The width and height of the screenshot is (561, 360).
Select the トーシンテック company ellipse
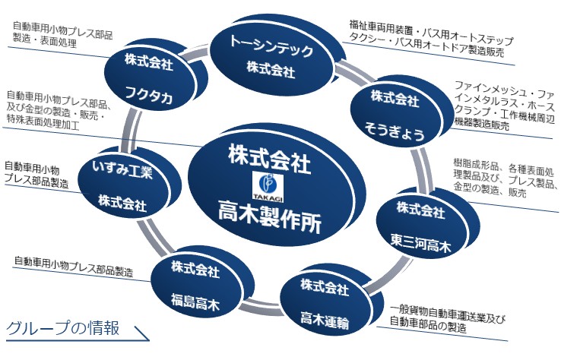[271, 55]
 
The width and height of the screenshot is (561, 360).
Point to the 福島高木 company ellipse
[195, 286]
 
